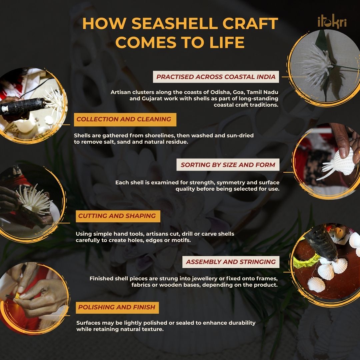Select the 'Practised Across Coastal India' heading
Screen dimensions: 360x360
(x=216, y=77)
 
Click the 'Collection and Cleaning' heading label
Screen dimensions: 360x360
(x=124, y=119)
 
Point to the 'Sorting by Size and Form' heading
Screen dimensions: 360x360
(x=228, y=165)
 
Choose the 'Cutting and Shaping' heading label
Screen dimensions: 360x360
(x=117, y=216)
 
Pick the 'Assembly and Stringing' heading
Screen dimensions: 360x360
(x=231, y=262)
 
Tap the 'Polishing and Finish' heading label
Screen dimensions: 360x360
(x=117, y=307)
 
